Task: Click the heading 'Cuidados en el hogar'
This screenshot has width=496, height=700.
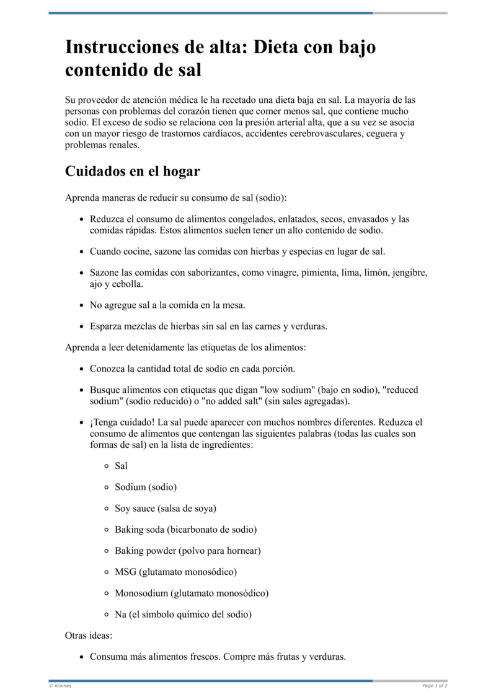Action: click(x=132, y=172)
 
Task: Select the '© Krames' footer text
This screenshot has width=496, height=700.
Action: click(x=60, y=686)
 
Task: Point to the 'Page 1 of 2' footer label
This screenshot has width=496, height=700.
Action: click(x=435, y=686)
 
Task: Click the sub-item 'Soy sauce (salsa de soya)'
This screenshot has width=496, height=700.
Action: click(x=166, y=508)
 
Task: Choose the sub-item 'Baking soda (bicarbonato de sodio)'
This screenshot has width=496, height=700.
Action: click(x=185, y=530)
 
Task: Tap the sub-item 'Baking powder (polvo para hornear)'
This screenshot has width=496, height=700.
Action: click(x=187, y=551)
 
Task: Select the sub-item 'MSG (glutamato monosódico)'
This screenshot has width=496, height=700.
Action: click(x=175, y=572)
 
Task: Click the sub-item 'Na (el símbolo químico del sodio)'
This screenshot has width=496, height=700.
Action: click(x=183, y=615)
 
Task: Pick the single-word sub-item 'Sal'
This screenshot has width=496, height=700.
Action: click(x=121, y=466)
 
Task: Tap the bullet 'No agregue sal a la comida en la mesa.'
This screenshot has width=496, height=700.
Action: click(x=167, y=305)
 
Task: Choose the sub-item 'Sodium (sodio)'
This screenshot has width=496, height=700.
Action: click(x=146, y=487)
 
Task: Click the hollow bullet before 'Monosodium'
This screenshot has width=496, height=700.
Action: click(x=107, y=593)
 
